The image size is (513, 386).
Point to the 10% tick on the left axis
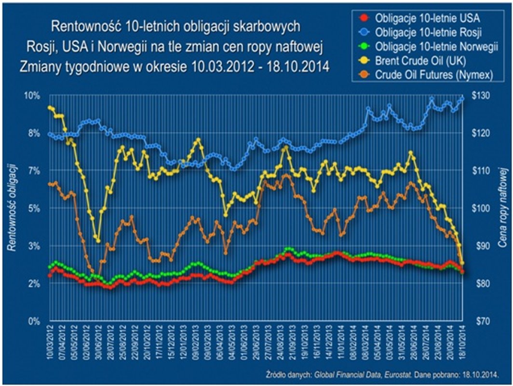coord(32,96)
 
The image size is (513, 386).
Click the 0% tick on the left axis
coord(34,321)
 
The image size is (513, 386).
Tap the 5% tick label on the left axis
coord(34,208)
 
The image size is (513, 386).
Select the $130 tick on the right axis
coord(481,96)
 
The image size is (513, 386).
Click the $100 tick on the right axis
coord(481,208)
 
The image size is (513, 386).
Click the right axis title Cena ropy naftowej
coord(503,207)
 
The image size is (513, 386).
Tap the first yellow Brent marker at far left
coord(50,108)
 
